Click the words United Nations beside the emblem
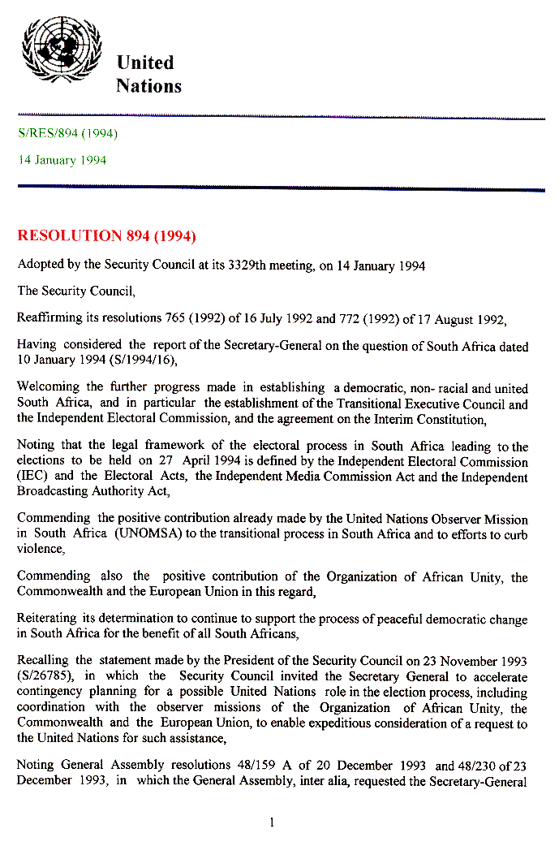[x=148, y=74]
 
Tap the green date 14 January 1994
[x=62, y=160]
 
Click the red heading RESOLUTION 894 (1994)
[x=106, y=236]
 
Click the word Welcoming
[x=49, y=388]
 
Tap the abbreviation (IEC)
[x=32, y=477]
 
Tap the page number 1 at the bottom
[x=271, y=822]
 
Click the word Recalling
[x=45, y=662]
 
